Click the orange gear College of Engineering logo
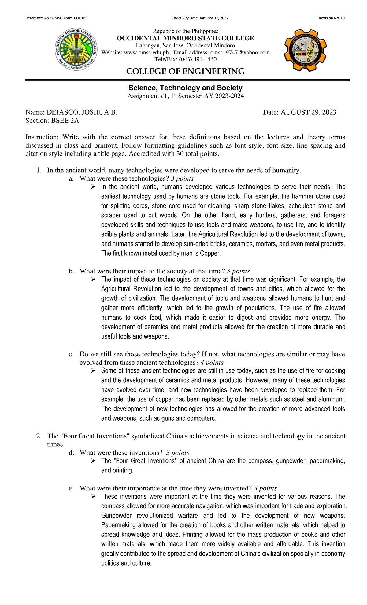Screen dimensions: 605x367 [x=305, y=50]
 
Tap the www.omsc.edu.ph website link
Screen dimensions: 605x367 [x=146, y=53]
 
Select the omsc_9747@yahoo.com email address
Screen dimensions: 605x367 [x=240, y=53]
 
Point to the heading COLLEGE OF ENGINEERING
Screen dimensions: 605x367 [x=185, y=72]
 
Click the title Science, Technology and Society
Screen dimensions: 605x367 [x=185, y=88]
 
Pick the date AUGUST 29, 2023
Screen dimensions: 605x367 [x=308, y=112]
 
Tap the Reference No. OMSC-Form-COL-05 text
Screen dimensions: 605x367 [x=56, y=18]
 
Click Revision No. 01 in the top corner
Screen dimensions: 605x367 [x=332, y=18]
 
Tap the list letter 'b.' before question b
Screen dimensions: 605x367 [x=72, y=271]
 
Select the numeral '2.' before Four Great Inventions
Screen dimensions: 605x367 [x=39, y=436]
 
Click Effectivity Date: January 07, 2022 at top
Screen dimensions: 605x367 [x=200, y=18]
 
